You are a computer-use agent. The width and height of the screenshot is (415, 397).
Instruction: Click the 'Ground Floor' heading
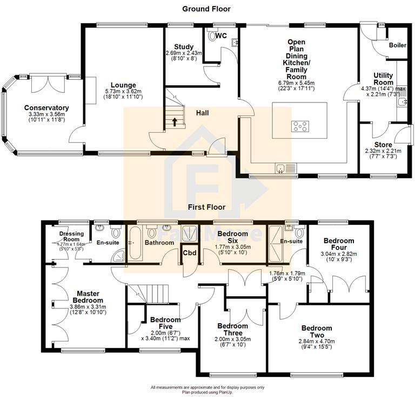(x=206, y=9)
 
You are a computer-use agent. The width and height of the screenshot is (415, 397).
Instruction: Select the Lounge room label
(x=123, y=85)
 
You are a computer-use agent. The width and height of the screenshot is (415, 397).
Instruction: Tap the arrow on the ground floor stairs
(x=174, y=121)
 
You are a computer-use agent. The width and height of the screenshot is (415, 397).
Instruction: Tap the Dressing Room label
(x=71, y=236)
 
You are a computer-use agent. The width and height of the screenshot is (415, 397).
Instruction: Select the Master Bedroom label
(x=88, y=297)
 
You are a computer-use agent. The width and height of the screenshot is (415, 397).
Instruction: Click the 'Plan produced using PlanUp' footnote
(x=207, y=392)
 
